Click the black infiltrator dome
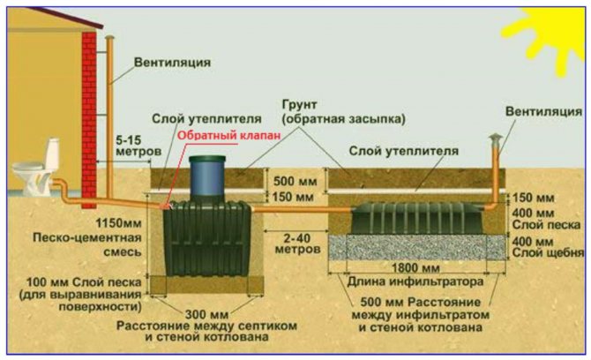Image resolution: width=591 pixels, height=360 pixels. point(415,219)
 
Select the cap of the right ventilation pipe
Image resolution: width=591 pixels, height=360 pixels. point(497,139)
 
